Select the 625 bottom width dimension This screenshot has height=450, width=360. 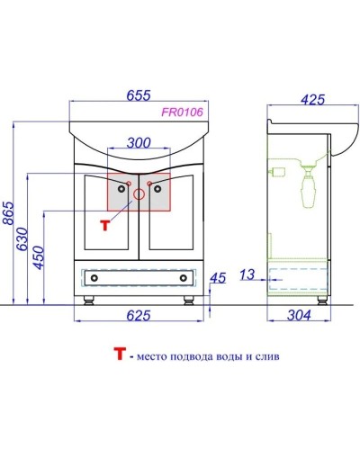coord(139,314)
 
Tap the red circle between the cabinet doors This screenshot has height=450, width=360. coord(139,193)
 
